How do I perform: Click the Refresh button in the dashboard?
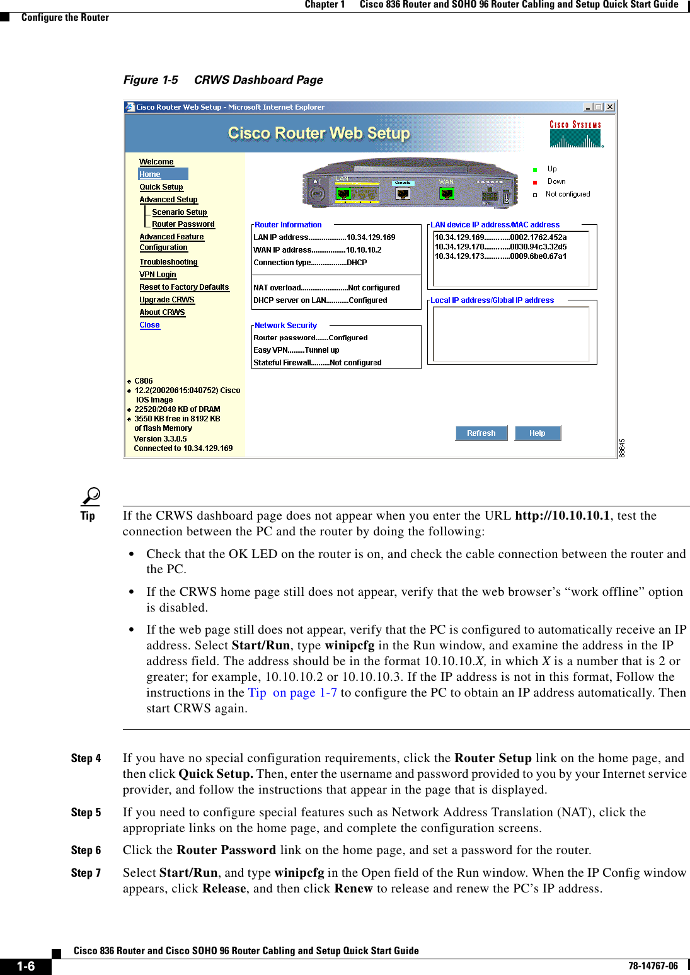click(481, 433)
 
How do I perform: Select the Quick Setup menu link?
click(161, 187)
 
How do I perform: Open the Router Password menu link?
click(183, 224)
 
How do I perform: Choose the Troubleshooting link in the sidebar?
click(168, 262)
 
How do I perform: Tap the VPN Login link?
click(158, 275)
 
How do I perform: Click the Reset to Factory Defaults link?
click(184, 287)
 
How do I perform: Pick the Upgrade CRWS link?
click(167, 300)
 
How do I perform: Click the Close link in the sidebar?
click(149, 325)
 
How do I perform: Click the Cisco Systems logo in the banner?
click(575, 134)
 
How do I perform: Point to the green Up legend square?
click(535, 169)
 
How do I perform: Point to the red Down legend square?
click(535, 182)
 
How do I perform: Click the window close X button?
click(610, 107)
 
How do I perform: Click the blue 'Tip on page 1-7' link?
click(292, 693)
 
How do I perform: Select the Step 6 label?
click(86, 850)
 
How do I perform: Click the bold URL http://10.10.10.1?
click(562, 516)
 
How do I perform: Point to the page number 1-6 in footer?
click(26, 966)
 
